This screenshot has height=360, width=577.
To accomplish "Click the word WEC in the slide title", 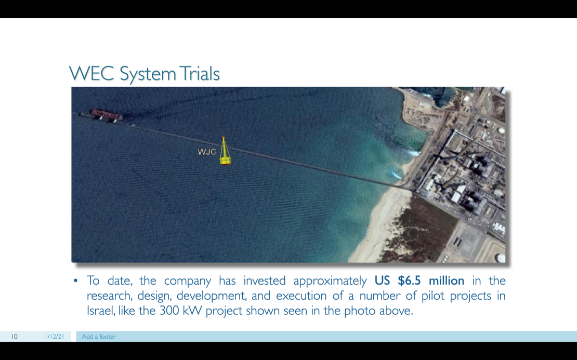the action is click(92, 74).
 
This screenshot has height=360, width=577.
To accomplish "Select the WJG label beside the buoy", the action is click(207, 152).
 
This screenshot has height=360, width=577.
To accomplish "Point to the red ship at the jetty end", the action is click(107, 115).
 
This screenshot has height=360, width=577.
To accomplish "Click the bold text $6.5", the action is click(409, 281).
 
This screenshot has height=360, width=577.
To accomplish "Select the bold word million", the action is click(447, 281).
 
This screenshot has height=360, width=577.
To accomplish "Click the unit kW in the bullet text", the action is click(192, 311).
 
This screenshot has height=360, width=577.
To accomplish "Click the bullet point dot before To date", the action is click(75, 281).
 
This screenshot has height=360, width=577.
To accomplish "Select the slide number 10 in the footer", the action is click(15, 337).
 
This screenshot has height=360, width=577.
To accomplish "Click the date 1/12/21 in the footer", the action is click(55, 337).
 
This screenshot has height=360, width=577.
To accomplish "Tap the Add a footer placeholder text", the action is click(99, 337).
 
